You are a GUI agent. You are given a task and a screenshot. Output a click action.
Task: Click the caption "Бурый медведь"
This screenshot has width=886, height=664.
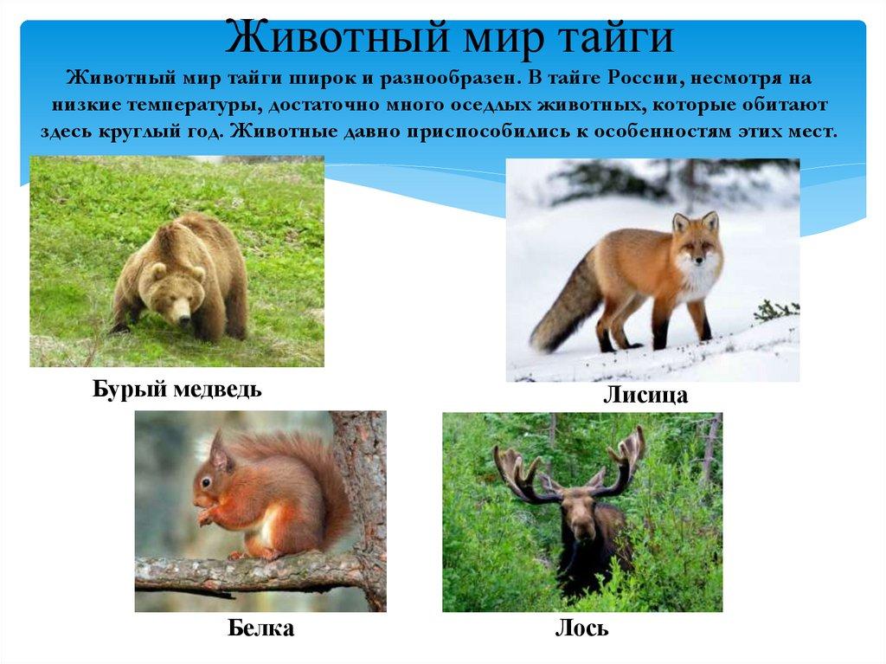[177, 389]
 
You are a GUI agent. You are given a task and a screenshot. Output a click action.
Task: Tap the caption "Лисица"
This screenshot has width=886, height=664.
[645, 396]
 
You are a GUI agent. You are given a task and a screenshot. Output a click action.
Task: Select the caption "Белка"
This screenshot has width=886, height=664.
[260, 628]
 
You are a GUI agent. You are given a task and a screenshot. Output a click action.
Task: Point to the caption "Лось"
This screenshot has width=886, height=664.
[581, 628]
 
